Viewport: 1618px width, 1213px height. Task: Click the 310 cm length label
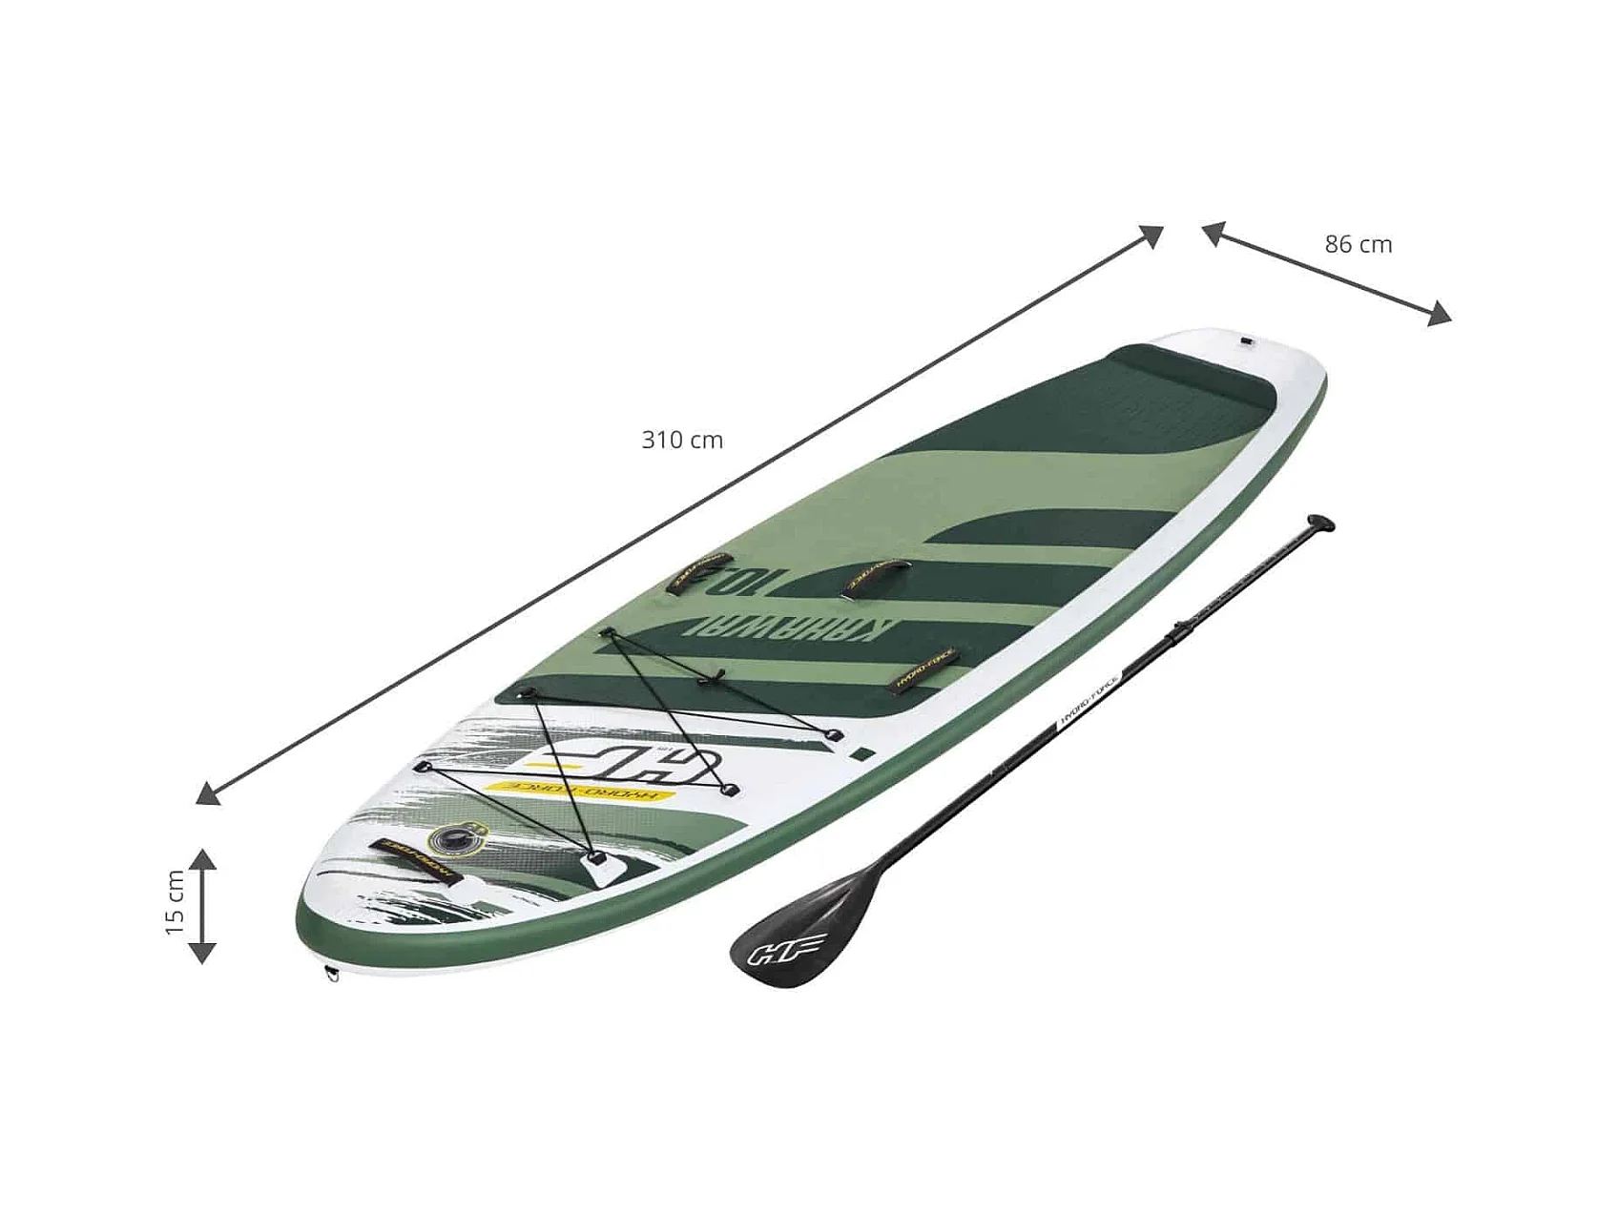click(682, 441)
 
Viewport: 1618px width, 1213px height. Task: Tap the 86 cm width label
click(1358, 245)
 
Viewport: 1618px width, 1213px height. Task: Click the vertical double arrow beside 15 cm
click(202, 905)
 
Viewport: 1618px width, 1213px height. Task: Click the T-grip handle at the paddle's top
click(1321, 523)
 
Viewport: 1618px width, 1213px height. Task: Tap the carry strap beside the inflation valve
click(416, 860)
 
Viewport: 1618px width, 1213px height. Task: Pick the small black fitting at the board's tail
click(1248, 340)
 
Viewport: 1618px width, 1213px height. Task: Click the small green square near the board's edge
click(863, 753)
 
